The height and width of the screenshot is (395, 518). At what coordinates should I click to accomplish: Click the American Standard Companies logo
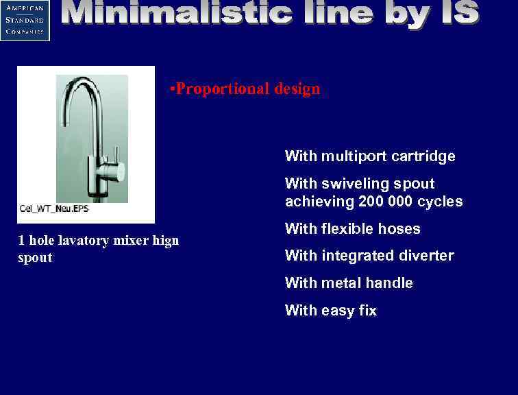tap(25, 20)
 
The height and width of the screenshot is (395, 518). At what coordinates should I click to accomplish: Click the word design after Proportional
tap(297, 89)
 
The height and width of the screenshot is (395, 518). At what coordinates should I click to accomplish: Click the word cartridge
tap(423, 156)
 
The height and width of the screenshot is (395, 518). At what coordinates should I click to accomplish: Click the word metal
tap(344, 283)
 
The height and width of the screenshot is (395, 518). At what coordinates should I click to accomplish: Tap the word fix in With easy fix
tap(368, 311)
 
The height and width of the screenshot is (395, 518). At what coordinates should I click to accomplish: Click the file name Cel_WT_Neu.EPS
tap(54, 208)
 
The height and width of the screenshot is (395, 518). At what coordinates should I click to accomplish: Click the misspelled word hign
tap(164, 241)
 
